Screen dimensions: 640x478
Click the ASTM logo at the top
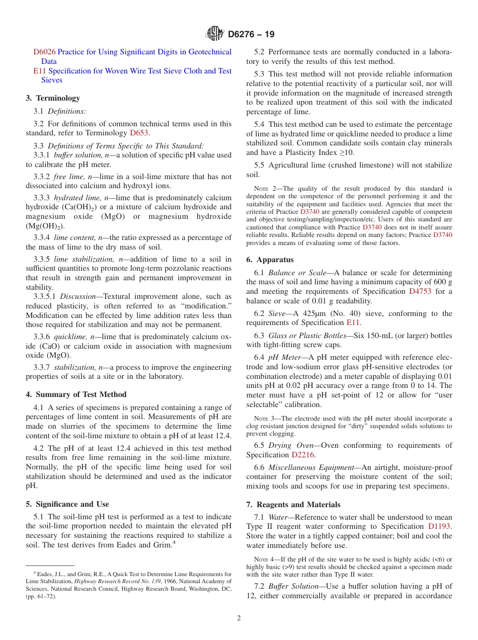pos(215,34)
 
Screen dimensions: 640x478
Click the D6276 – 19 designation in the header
pos(251,35)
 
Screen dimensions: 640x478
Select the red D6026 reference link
pos(44,52)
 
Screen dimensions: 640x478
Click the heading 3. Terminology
pos(53,98)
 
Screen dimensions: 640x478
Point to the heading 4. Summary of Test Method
pos(76,394)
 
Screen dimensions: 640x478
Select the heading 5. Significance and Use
pos(67,504)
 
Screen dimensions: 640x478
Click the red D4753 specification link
pos(420,291)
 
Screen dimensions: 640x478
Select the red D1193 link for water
pos(439,526)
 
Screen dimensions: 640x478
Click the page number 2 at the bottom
pos(239,618)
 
